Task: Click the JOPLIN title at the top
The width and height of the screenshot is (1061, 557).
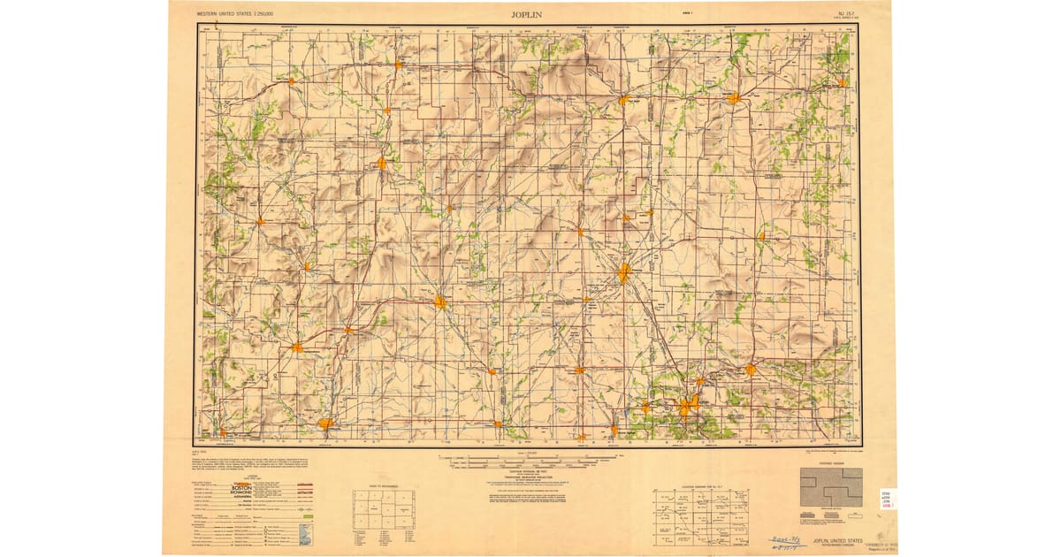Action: coord(528,14)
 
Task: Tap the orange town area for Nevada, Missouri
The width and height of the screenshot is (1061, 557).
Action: coord(734,98)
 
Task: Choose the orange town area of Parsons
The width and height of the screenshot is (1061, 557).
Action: coord(439,302)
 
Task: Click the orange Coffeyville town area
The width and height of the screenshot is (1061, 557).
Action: coord(325,423)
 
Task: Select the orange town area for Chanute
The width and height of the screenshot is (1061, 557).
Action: coord(382,163)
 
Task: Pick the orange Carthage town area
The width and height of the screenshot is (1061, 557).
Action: coord(750,370)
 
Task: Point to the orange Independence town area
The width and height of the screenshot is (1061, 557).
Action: coord(297,347)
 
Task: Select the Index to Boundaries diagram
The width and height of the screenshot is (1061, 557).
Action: coord(384,511)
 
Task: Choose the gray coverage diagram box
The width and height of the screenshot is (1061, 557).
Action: coord(830,487)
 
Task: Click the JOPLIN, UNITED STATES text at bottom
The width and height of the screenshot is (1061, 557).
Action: coord(826,538)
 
